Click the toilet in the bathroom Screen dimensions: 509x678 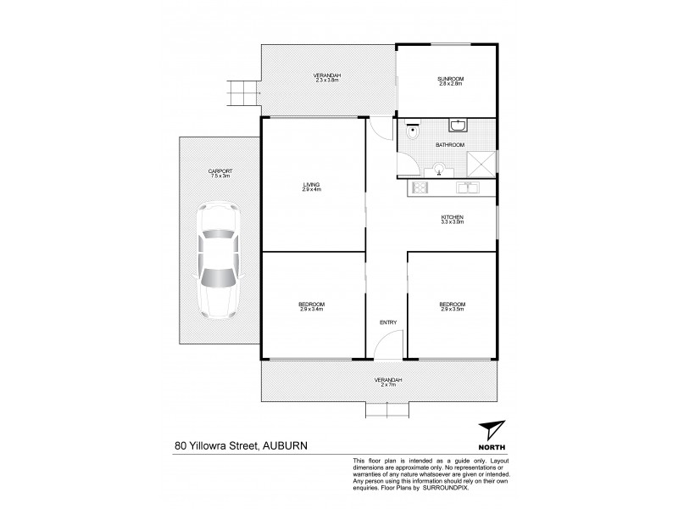pyautogui.click(x=413, y=131)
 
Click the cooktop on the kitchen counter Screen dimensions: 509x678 pyautogui.click(x=419, y=187)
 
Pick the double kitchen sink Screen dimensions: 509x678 pyautogui.click(x=465, y=187)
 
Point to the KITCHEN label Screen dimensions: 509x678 pyautogui.click(x=452, y=217)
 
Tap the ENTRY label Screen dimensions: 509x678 pyautogui.click(x=388, y=322)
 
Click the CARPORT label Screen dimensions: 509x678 pyautogui.click(x=220, y=171)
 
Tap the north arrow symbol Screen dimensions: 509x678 pyautogui.click(x=491, y=430)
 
